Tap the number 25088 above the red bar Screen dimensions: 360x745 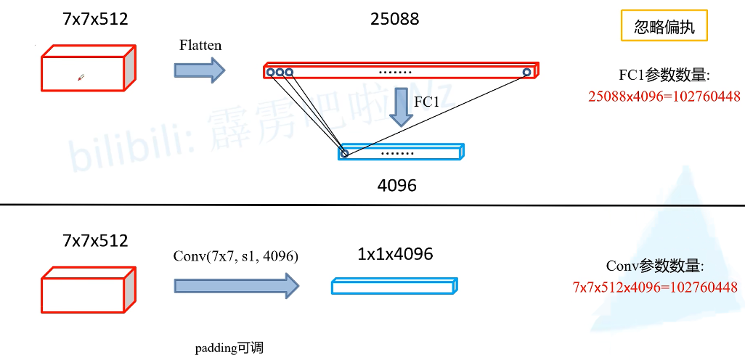[x=394, y=20]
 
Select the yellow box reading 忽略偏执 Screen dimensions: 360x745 [x=664, y=28]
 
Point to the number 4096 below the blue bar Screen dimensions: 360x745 [x=397, y=185]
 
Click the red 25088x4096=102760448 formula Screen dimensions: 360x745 [x=664, y=96]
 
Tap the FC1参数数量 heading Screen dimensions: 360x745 [x=664, y=75]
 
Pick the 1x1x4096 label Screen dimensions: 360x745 [x=395, y=255]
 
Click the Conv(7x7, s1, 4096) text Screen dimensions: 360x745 [x=236, y=256]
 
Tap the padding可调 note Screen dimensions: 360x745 [x=229, y=348]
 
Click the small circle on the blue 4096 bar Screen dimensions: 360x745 [x=344, y=154]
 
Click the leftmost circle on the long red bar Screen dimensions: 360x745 [x=270, y=72]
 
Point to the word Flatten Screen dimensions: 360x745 [x=200, y=45]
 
